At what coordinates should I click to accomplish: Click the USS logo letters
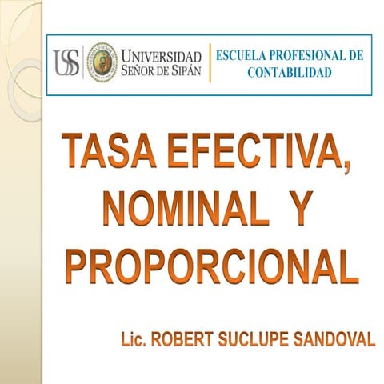point(67,62)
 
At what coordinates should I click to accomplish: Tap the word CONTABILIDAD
point(289,73)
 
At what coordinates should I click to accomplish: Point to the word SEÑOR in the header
point(143,70)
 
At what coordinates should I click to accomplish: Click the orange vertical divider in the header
point(210,63)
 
